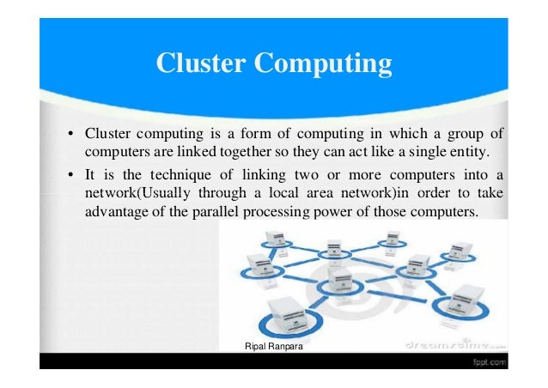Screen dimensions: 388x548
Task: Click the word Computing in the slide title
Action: pos(330,64)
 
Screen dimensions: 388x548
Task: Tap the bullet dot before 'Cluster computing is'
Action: pos(69,136)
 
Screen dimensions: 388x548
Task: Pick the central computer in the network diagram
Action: pos(340,279)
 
